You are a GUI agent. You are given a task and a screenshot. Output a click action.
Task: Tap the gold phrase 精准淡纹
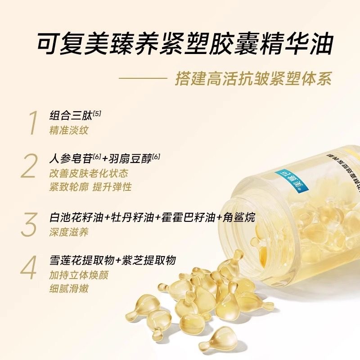pos(69,130)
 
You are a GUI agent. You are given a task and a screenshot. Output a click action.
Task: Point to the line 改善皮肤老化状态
pos(89,173)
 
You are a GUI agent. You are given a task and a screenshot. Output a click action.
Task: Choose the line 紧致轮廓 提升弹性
pos(90,187)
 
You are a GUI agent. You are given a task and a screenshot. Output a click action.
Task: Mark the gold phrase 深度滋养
pos(69,232)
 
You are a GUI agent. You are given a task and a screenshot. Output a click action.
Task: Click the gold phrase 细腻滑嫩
pos(69,288)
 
